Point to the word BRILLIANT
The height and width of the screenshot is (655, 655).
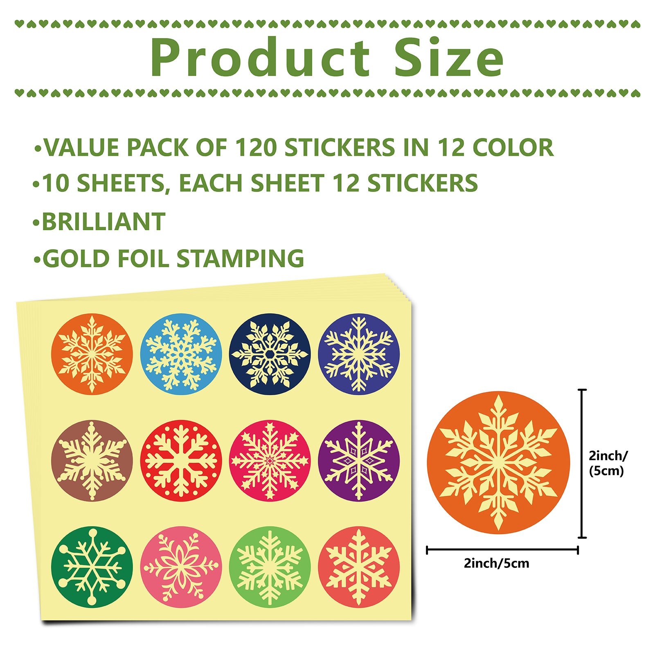pyautogui.click(x=104, y=221)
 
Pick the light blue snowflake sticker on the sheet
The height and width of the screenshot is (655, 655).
pyautogui.click(x=181, y=354)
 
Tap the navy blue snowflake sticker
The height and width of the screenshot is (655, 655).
pyautogui.click(x=270, y=354)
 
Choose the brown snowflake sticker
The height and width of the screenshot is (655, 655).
pyautogui.click(x=92, y=461)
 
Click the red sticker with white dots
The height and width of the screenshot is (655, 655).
pyautogui.click(x=181, y=461)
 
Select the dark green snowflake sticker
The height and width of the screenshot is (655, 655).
pyautogui.click(x=92, y=567)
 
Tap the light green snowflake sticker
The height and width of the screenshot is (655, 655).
pyautogui.click(x=270, y=567)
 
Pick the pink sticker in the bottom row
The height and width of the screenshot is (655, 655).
pyautogui.click(x=181, y=567)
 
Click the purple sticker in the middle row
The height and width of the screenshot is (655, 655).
pyautogui.click(x=359, y=461)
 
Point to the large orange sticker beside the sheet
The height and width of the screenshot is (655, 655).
pyautogui.click(x=498, y=463)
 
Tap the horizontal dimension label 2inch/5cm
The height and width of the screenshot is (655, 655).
pyautogui.click(x=496, y=563)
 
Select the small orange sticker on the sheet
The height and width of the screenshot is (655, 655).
pyautogui.click(x=92, y=354)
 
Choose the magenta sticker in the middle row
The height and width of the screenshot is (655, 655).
pyautogui.click(x=270, y=461)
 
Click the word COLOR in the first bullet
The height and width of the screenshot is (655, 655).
pyautogui.click(x=513, y=147)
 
